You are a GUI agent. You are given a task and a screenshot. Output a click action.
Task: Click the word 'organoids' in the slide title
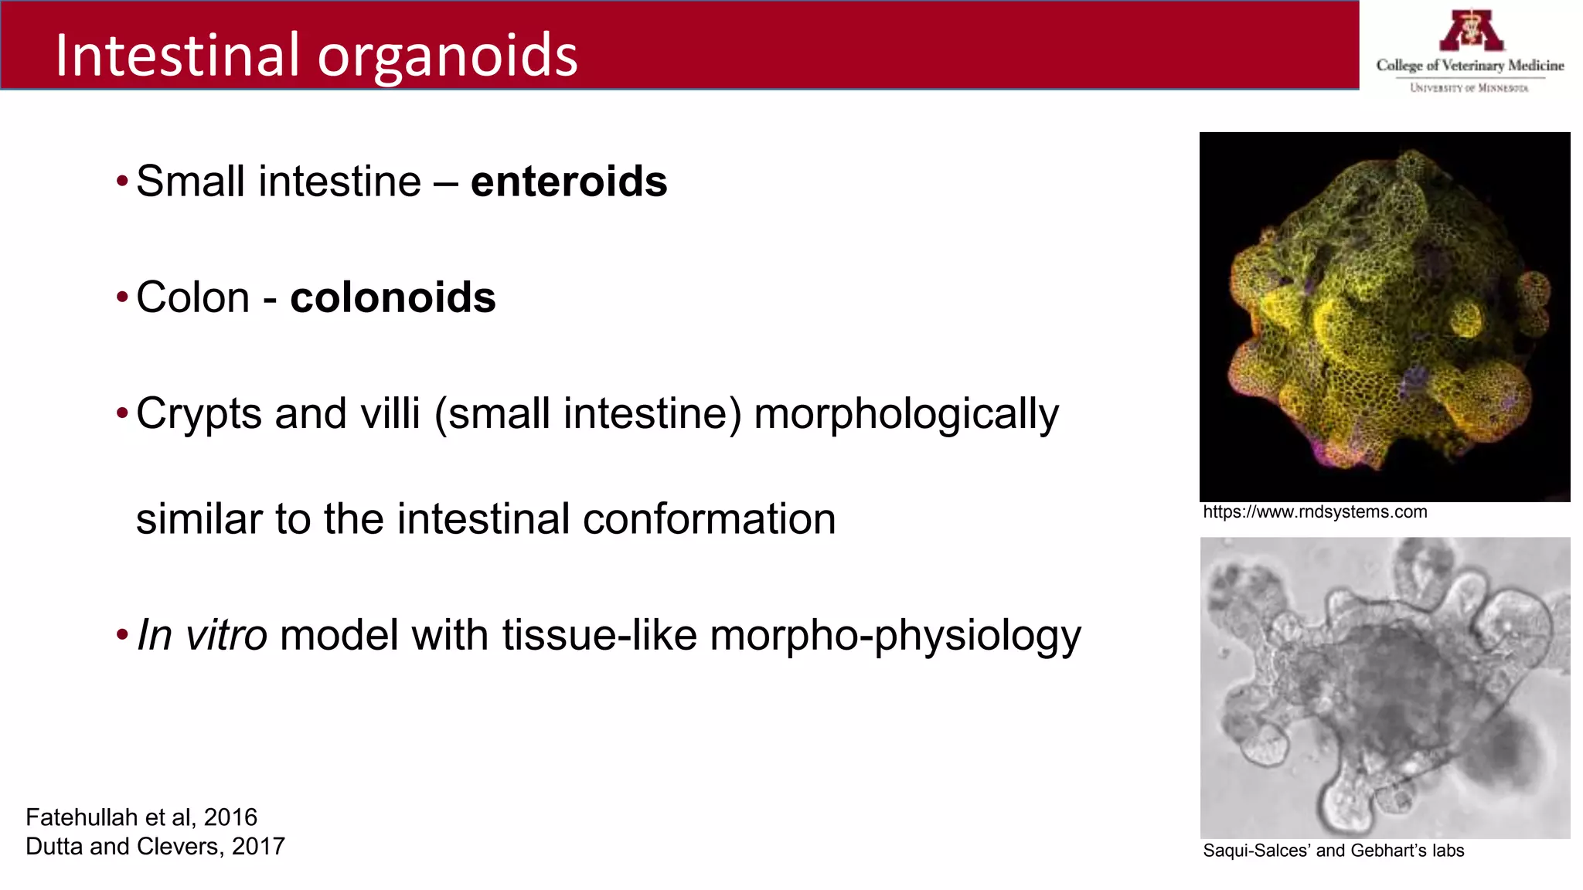448,56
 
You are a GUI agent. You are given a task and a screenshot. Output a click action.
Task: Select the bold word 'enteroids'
569,182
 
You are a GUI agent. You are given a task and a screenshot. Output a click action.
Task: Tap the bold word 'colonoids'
393,297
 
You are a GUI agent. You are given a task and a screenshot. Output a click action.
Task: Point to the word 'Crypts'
199,414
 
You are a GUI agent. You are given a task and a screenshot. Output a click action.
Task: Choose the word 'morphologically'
906,414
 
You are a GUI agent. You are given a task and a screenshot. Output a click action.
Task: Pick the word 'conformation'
709,518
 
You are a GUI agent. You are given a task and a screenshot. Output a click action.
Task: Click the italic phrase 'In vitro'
202,635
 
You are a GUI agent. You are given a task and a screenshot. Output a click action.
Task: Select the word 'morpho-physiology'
895,636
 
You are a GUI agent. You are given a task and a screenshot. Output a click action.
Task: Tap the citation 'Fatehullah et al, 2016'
141,817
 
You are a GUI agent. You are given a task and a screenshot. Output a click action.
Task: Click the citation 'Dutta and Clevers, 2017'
155,847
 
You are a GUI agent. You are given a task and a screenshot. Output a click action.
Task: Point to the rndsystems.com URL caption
1315,512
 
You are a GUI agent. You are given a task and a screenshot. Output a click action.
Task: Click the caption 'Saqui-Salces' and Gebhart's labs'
1333,851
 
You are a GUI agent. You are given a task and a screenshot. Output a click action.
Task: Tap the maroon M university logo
1471,31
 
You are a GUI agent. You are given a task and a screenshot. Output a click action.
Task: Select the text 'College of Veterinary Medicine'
1470,66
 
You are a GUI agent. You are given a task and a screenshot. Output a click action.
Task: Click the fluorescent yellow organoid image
1384,317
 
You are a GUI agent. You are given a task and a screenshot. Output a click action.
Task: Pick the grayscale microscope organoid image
1384,688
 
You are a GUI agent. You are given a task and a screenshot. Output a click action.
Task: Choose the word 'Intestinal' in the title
177,56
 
